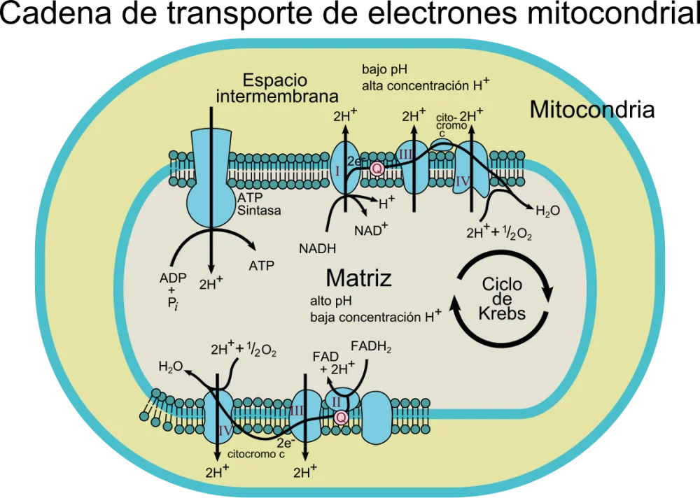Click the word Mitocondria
pyautogui.click(x=592, y=109)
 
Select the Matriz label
pyautogui.click(x=358, y=278)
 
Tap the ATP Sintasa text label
pyautogui.click(x=259, y=204)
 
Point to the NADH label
pyautogui.click(x=317, y=248)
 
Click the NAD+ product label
pyautogui.click(x=371, y=229)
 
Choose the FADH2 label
pyautogui.click(x=371, y=347)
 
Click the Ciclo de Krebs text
pyautogui.click(x=502, y=299)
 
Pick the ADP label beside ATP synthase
pyautogui.click(x=173, y=278)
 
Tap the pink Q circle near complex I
pyautogui.click(x=377, y=169)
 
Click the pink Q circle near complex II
pyautogui.click(x=341, y=418)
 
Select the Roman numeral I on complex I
pyautogui.click(x=338, y=171)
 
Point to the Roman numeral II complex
pyautogui.click(x=336, y=401)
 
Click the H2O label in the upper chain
pyautogui.click(x=548, y=211)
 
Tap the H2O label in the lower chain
pyautogui.click(x=171, y=367)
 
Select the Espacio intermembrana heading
pyautogui.click(x=276, y=88)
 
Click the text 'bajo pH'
pyautogui.click(x=384, y=70)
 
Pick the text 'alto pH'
pyautogui.click(x=331, y=301)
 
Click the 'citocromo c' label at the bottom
pyautogui.click(x=256, y=454)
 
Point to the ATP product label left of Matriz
pyautogui.click(x=262, y=266)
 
